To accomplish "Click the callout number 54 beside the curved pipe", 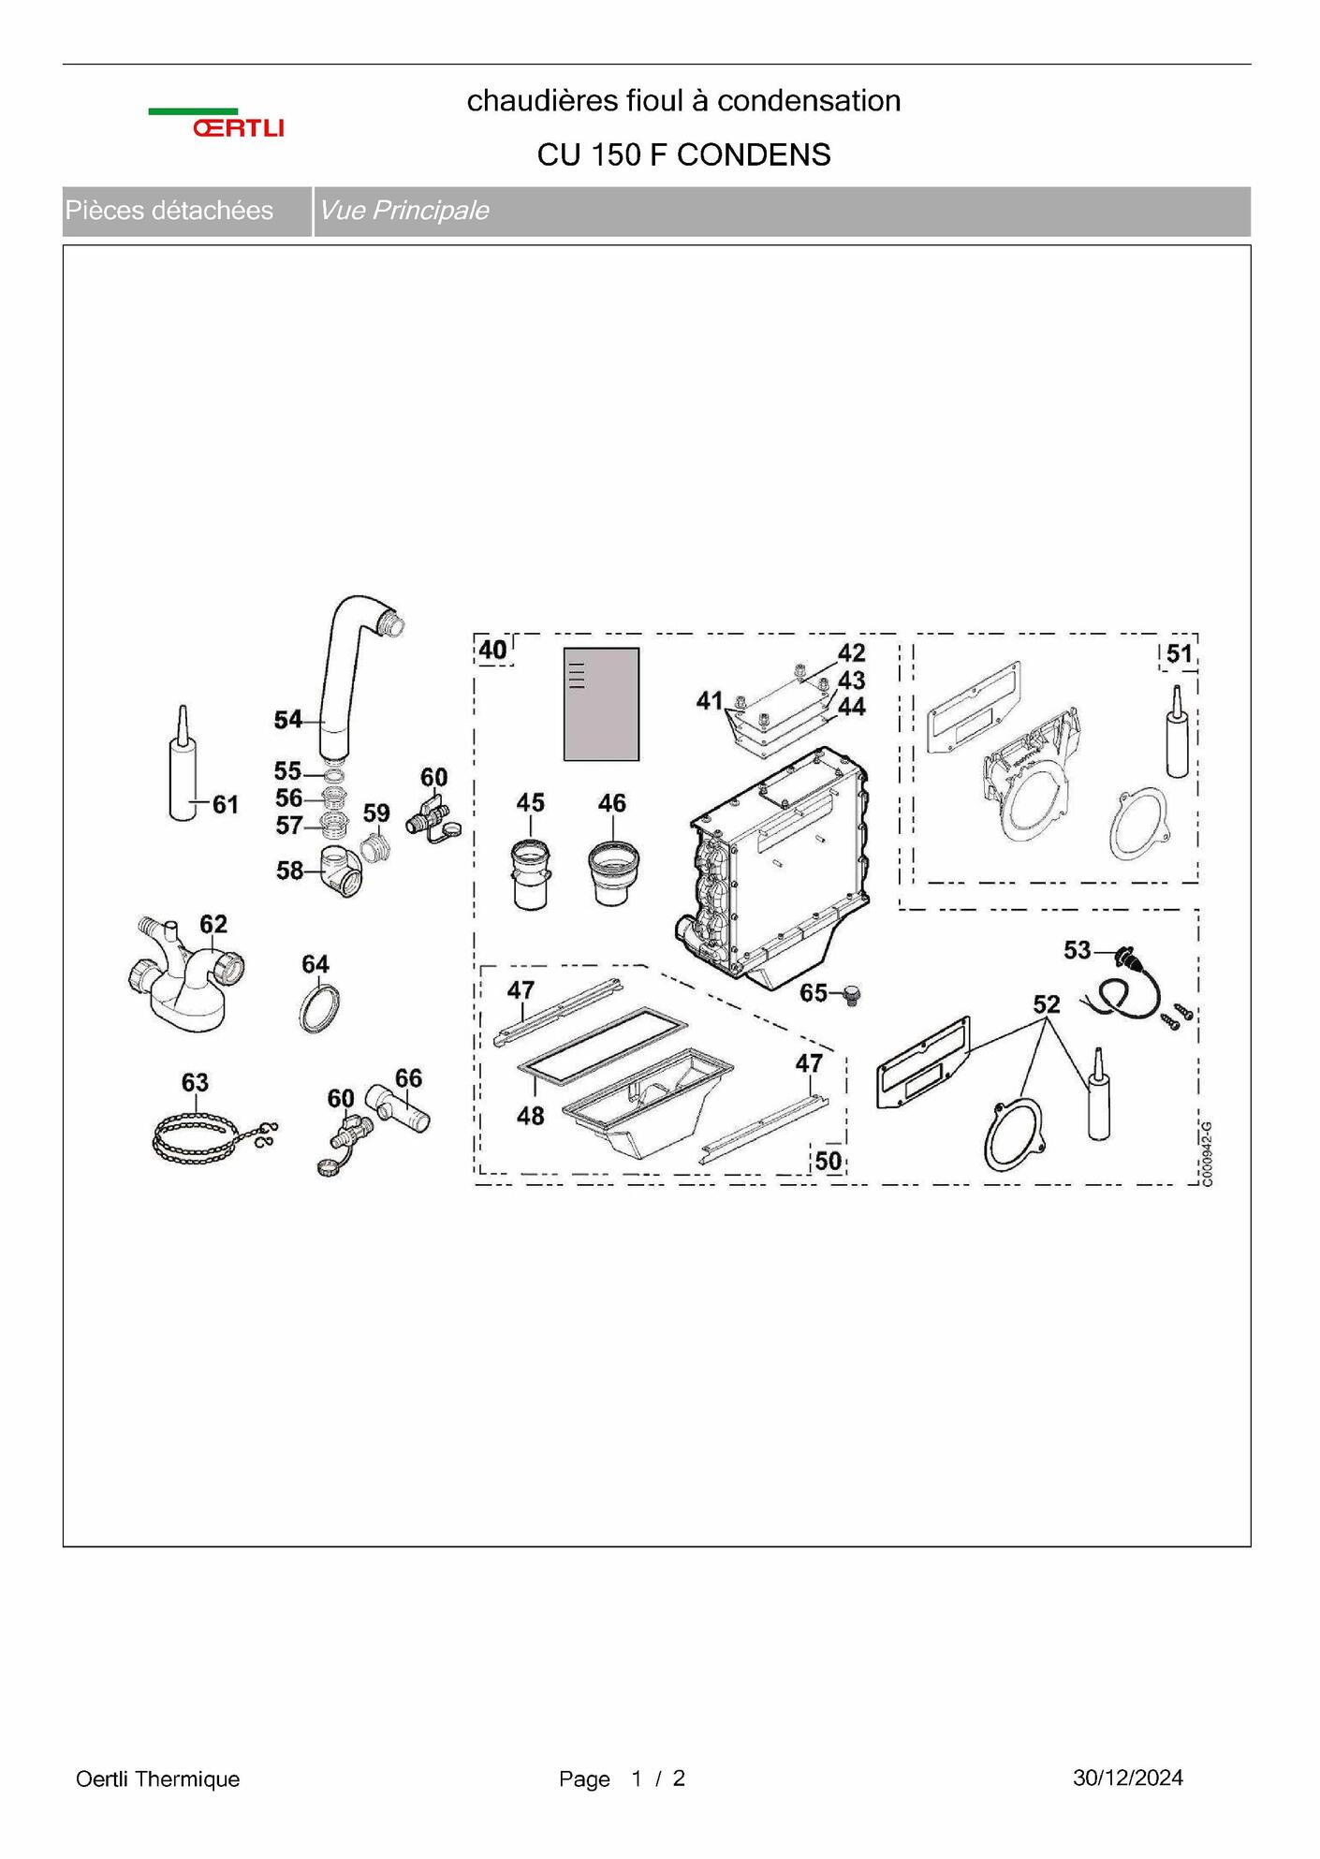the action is pyautogui.click(x=287, y=720).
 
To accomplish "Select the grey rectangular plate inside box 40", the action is pyautogui.click(x=601, y=704).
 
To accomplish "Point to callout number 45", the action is pyautogui.click(x=530, y=803).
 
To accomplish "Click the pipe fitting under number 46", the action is pyautogui.click(x=613, y=873).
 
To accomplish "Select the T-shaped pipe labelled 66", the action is pyautogui.click(x=397, y=1108).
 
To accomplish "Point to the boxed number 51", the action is pyautogui.click(x=1179, y=654).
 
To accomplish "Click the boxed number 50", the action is pyautogui.click(x=828, y=1161).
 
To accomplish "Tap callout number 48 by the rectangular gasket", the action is pyautogui.click(x=530, y=1116).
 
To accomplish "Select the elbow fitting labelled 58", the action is pyautogui.click(x=341, y=871).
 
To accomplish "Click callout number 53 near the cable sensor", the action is pyautogui.click(x=1077, y=950).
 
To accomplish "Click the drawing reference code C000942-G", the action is pyautogui.click(x=1207, y=1153).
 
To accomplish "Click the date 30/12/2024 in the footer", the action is pyautogui.click(x=1128, y=1778).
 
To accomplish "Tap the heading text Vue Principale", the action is pyautogui.click(x=403, y=211).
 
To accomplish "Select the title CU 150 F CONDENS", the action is pyautogui.click(x=683, y=154).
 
